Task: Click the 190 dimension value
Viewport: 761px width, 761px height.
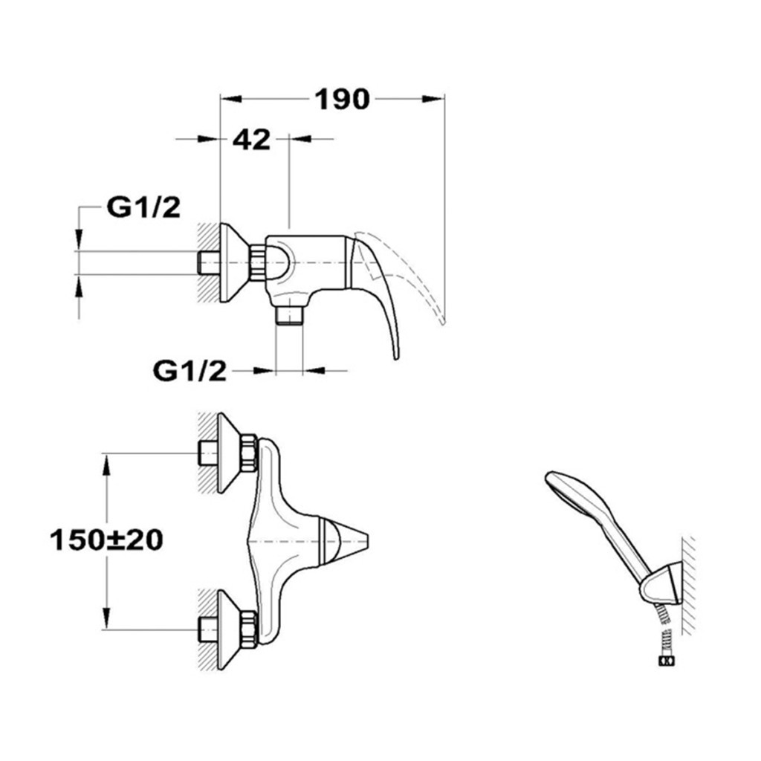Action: click(342, 100)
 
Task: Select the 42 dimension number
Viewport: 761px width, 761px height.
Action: click(251, 140)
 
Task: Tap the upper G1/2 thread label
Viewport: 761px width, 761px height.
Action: click(143, 208)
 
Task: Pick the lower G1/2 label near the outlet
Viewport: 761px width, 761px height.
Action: click(190, 372)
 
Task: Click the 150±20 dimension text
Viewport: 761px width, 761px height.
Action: click(106, 540)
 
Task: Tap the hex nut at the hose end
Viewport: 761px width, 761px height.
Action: click(665, 661)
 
